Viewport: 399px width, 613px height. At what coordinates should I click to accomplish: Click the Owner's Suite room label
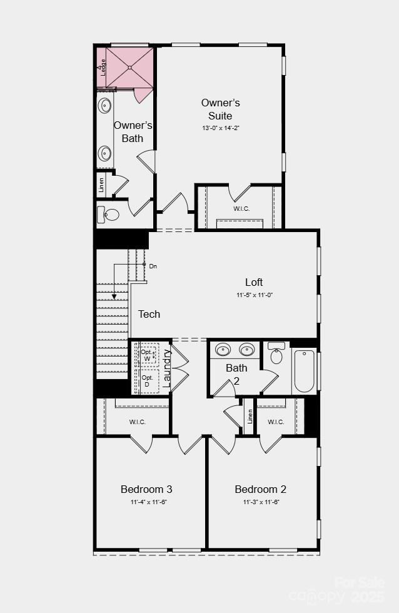[220, 109]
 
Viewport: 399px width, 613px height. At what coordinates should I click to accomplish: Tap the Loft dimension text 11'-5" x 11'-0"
[255, 295]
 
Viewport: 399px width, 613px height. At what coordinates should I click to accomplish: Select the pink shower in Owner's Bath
[129, 68]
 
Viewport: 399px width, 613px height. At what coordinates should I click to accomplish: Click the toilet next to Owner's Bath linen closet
[108, 215]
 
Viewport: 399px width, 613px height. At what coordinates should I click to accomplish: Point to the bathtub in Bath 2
[305, 371]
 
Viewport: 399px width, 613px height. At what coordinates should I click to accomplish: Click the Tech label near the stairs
[149, 314]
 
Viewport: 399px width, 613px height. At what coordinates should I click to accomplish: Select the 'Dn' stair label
[153, 266]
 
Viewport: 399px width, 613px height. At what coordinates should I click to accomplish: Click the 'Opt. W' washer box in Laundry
[148, 355]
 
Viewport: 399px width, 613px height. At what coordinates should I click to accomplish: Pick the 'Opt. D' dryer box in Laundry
[148, 381]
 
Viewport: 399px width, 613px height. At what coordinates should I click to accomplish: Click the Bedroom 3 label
[146, 489]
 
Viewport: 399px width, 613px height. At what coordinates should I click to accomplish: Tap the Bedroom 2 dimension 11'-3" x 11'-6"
[261, 502]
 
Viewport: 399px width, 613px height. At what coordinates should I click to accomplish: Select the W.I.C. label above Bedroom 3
[138, 422]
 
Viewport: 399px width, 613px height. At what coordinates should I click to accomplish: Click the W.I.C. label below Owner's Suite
[241, 208]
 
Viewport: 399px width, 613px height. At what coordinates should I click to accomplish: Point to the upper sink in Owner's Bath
[104, 105]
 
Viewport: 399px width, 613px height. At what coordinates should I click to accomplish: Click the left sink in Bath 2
[222, 349]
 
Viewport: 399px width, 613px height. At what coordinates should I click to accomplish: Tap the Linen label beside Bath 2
[250, 415]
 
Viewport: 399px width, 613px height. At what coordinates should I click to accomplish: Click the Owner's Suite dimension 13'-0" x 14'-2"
[220, 128]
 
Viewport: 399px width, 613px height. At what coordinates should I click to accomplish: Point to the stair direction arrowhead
[114, 296]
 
